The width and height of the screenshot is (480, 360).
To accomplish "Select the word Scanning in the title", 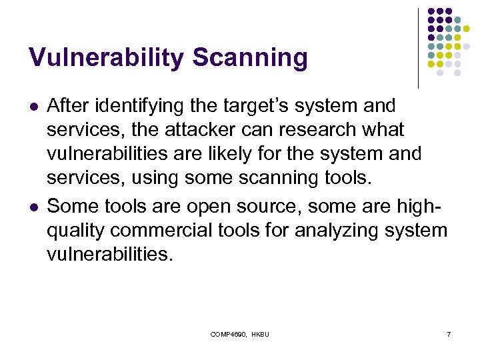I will (x=250, y=58).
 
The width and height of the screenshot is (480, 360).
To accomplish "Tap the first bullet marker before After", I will (x=33, y=105).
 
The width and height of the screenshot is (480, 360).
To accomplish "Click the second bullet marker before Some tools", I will (x=33, y=207).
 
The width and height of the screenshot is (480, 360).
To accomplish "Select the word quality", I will (x=79, y=231).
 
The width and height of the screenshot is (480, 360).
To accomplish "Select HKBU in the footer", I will (x=261, y=333).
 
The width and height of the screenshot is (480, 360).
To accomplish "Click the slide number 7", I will (x=448, y=333).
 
